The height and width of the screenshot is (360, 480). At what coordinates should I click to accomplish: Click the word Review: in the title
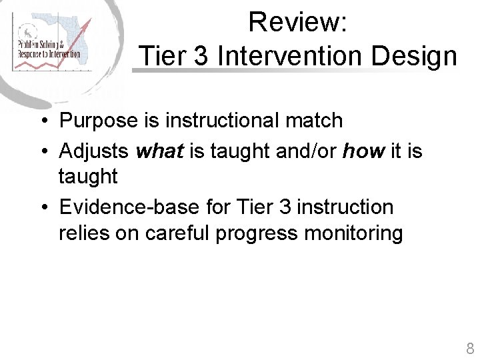pyautogui.click(x=297, y=23)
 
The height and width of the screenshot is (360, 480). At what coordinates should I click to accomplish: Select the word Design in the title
pyautogui.click(x=414, y=56)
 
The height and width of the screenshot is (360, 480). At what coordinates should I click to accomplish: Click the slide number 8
pyautogui.click(x=470, y=348)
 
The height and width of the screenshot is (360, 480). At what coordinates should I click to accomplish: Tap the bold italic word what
pyautogui.click(x=159, y=151)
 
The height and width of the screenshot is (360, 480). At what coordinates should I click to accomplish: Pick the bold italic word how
pyautogui.click(x=363, y=151)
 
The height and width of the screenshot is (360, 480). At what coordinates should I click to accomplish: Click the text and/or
pyautogui.click(x=306, y=151)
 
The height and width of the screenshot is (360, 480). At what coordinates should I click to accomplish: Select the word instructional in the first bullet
pyautogui.click(x=222, y=121)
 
